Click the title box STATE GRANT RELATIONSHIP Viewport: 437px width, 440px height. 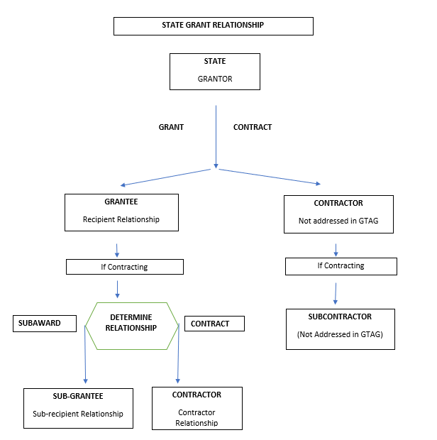[x=213, y=26]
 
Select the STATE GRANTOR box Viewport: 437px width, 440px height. [x=214, y=71]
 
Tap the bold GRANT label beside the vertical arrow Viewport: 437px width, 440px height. [x=171, y=127]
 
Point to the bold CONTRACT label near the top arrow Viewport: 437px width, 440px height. [x=253, y=127]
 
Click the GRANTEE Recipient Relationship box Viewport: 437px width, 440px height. [x=121, y=211]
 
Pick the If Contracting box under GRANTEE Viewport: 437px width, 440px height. [x=124, y=267]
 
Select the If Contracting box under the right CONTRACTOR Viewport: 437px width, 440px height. [x=341, y=266]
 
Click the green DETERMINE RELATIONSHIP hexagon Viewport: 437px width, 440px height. [x=131, y=326]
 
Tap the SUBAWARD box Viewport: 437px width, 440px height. [x=45, y=324]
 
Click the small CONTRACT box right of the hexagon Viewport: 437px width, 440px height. [x=214, y=324]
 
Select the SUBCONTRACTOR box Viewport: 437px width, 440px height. [x=340, y=329]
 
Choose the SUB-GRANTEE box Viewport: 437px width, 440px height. [x=78, y=408]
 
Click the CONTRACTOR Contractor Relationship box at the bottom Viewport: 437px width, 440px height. [x=197, y=408]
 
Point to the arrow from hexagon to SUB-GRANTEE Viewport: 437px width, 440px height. [x=85, y=358]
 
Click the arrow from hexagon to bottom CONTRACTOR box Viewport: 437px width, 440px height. [x=178, y=358]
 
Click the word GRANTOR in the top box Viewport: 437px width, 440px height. [x=214, y=79]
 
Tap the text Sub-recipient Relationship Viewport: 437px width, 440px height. [x=78, y=414]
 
